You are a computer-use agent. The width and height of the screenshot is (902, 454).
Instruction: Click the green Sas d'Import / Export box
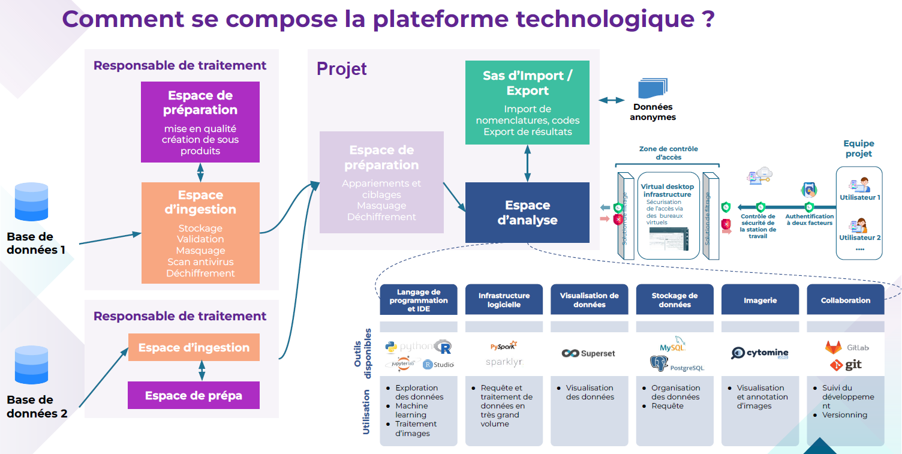click(x=527, y=103)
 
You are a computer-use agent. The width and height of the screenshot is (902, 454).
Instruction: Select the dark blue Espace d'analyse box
click(x=527, y=213)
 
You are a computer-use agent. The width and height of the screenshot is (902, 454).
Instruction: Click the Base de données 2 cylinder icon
click(x=31, y=365)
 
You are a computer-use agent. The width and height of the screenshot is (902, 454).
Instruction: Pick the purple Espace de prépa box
click(x=194, y=395)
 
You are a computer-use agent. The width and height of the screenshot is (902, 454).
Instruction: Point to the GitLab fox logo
click(x=833, y=347)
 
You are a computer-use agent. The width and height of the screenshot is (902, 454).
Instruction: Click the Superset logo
click(x=588, y=353)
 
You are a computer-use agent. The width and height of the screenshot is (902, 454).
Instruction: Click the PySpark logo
click(x=503, y=346)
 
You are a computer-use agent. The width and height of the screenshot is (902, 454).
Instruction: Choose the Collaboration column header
click(x=845, y=300)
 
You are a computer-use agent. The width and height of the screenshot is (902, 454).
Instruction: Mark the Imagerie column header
click(x=760, y=300)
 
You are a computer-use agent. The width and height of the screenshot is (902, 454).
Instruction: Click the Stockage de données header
click(x=675, y=300)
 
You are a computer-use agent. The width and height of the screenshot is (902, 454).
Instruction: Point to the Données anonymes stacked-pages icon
click(x=652, y=89)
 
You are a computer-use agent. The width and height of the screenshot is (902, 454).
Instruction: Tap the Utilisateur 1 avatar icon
click(x=860, y=184)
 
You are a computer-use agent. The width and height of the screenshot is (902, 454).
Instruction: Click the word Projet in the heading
click(x=341, y=69)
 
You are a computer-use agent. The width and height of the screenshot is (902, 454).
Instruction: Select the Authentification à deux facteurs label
click(x=810, y=220)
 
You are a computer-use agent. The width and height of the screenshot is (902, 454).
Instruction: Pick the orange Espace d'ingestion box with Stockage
click(x=200, y=233)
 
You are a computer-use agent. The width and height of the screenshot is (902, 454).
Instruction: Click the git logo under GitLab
click(x=845, y=365)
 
